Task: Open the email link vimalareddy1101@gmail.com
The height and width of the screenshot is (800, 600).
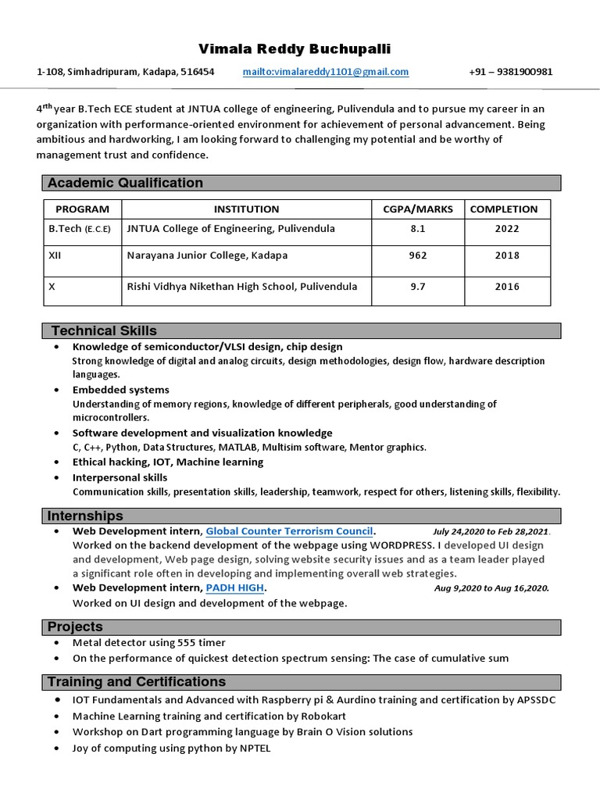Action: coord(325,72)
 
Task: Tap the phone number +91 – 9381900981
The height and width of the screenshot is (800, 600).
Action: coord(510,72)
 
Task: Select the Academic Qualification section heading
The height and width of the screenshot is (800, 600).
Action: coord(125,183)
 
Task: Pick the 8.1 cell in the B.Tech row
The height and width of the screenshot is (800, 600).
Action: coord(417,229)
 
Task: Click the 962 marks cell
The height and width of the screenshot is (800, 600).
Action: coord(417,255)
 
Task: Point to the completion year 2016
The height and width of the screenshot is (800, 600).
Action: coord(506,287)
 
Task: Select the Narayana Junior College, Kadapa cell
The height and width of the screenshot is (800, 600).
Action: coord(207,255)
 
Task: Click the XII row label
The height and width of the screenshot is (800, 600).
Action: coord(55,255)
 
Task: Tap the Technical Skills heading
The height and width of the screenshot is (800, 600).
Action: coord(104,330)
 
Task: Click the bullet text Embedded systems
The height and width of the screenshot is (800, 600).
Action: coord(120,389)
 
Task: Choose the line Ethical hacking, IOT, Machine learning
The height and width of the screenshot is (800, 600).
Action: coord(168,462)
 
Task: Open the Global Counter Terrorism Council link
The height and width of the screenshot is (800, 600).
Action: coord(290,530)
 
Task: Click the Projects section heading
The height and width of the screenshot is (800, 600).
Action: coord(75,627)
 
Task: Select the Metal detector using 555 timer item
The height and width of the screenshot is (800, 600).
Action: coord(138,643)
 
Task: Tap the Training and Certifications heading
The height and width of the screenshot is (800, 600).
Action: coord(137,681)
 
